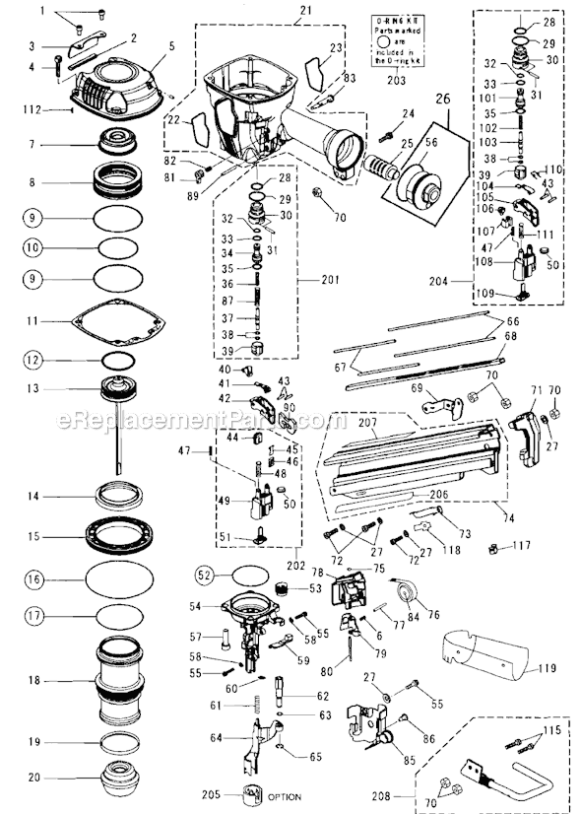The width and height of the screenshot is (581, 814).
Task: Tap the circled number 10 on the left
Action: (33, 247)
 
